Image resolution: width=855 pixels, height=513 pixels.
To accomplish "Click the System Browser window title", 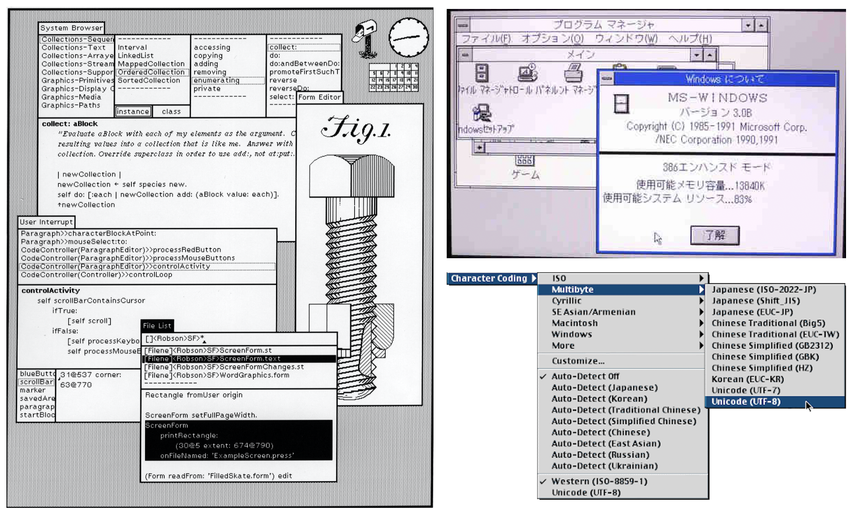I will tap(71, 28).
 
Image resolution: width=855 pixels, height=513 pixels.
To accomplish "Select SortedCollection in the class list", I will tap(149, 81).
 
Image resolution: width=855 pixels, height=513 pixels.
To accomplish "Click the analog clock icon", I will tap(409, 37).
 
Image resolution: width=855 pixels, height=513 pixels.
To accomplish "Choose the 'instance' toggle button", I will tap(133, 112).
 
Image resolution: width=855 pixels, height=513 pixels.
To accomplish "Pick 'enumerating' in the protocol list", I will tap(216, 81).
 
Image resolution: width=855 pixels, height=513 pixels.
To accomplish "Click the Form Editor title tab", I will tap(320, 97).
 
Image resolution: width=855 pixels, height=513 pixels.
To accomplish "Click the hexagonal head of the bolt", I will tap(351, 176).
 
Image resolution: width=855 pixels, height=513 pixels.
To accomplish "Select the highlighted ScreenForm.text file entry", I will tap(239, 359).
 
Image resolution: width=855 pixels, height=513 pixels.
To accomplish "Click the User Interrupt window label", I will tap(46, 222).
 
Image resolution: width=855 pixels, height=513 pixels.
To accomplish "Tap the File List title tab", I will tap(157, 326).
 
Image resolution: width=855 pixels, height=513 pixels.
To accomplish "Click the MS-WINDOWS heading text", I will tap(717, 98).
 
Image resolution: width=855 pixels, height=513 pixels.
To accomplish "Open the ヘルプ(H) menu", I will tap(690, 39).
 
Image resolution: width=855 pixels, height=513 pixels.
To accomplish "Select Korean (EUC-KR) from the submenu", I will tap(747, 379).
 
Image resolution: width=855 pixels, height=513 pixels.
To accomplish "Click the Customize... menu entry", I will tap(578, 361).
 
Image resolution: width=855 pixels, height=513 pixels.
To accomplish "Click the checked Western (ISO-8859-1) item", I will tap(599, 481).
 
